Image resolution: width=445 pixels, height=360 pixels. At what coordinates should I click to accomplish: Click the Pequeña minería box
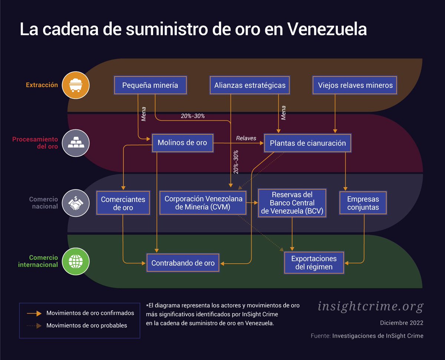pos(150,85)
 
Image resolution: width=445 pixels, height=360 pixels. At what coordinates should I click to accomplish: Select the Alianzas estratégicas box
pos(250,85)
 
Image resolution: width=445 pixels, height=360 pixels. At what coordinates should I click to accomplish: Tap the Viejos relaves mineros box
pos(355,85)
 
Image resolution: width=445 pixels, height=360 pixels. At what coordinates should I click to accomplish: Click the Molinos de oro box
pos(182,143)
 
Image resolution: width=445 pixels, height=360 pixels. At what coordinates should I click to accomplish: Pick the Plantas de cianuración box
pos(307,143)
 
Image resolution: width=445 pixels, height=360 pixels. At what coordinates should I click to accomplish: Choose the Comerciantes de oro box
pos(123,203)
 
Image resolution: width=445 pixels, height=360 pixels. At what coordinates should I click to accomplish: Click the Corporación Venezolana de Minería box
pos(203,203)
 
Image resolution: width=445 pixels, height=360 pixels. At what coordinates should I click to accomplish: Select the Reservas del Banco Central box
pos(292,203)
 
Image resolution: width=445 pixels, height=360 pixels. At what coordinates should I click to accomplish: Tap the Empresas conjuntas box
pos(363,203)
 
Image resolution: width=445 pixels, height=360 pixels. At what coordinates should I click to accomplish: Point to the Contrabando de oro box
pos(183,263)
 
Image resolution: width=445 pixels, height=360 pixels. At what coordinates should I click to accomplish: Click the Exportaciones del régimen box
pos(314,262)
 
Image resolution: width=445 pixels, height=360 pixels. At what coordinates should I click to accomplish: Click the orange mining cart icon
pos(76,85)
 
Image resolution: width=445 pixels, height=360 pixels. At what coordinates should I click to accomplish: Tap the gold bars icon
pos(76,143)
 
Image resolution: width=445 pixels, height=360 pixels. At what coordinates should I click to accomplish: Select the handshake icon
pos(76,203)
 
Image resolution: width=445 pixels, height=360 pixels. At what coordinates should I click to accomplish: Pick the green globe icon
pos(76,261)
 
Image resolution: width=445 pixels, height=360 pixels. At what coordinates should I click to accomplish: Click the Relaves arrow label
pos(246,138)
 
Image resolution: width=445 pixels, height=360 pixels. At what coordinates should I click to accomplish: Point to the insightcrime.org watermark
pos(370,306)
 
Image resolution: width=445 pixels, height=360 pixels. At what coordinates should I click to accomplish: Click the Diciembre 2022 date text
pos(402,323)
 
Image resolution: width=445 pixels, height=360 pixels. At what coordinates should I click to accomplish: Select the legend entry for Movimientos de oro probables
pos(86,326)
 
